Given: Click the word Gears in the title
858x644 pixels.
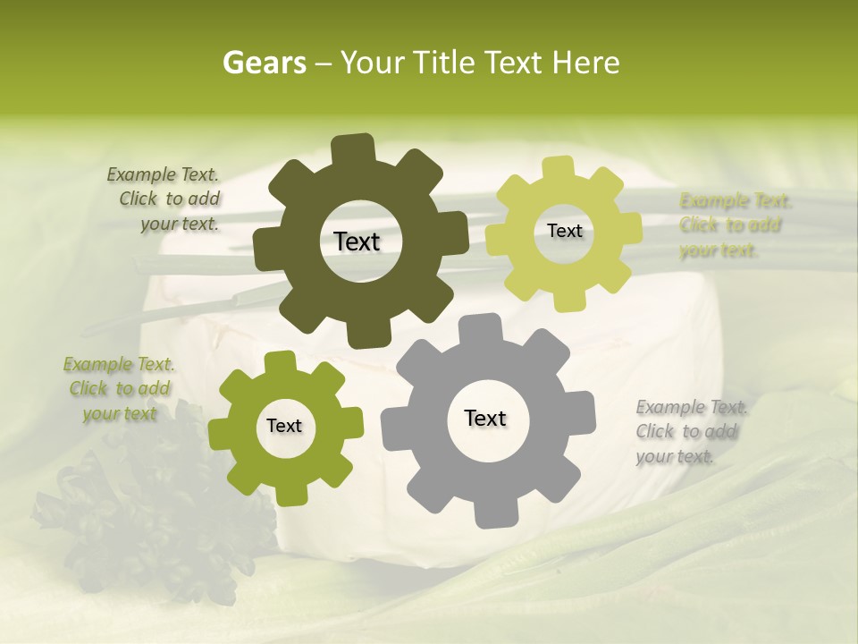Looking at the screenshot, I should (264, 63).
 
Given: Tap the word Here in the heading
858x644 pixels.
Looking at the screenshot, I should (586, 63).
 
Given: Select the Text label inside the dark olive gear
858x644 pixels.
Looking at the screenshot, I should (357, 241).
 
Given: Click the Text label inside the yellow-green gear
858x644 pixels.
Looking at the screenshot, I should (564, 231).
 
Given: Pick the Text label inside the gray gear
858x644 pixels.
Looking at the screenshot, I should (485, 419).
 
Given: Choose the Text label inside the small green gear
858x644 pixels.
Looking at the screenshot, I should (284, 426).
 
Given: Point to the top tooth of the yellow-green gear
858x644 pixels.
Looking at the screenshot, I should (557, 167).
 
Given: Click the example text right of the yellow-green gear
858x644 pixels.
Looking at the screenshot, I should (734, 225).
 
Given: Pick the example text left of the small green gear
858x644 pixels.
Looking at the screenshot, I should (118, 388).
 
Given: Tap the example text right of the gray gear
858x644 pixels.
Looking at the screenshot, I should (691, 431).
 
